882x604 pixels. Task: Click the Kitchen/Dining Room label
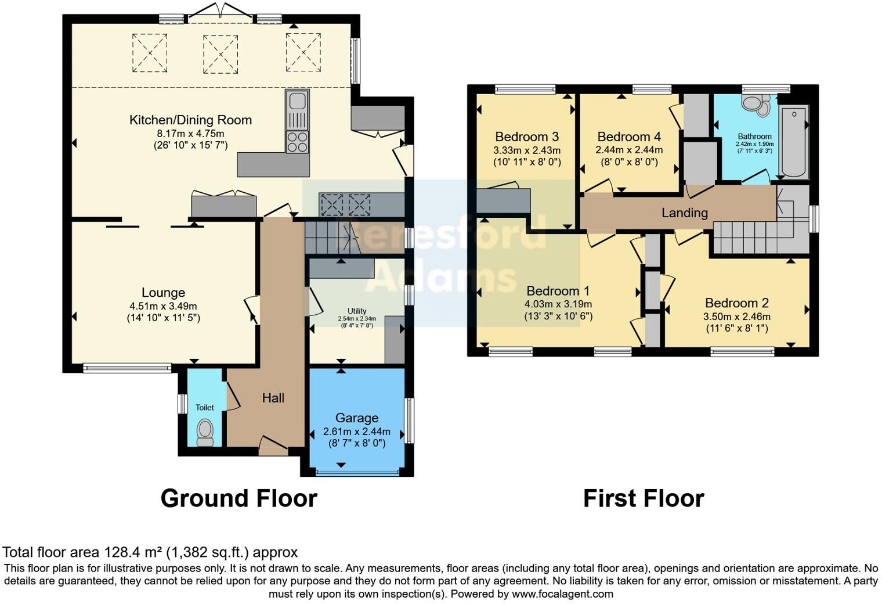190,120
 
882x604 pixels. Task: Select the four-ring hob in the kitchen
297,142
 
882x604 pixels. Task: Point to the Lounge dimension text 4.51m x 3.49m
163,306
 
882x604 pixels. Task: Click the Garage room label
356,418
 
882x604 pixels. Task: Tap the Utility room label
357,311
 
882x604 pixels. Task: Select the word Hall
273,398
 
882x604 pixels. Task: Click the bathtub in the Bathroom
793,142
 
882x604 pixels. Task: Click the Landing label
684,213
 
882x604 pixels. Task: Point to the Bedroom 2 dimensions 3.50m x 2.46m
736,317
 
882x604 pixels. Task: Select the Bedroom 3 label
526,137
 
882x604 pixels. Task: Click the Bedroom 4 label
629,137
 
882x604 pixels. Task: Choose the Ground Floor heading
238,499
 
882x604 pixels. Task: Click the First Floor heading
643,499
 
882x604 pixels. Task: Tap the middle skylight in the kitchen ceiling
220,54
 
